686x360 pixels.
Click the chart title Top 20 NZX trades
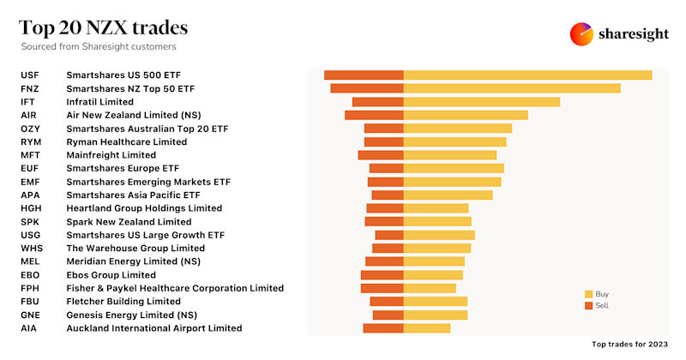(104, 27)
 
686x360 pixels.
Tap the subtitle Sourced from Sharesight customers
(104, 46)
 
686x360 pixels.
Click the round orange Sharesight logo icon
(582, 33)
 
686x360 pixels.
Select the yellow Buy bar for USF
(527, 75)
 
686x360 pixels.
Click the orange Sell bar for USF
(364, 75)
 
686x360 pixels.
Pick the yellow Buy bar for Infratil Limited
(481, 102)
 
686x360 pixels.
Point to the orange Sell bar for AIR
(374, 115)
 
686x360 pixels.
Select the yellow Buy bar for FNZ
(511, 88)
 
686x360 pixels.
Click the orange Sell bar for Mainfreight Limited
(380, 155)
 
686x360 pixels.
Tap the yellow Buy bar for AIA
(426, 328)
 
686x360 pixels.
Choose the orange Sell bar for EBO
(382, 275)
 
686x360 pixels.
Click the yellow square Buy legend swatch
(588, 294)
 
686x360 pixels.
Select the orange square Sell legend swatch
(588, 305)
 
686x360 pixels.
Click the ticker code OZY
(30, 129)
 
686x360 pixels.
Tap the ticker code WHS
(30, 248)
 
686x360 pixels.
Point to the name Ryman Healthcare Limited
(126, 141)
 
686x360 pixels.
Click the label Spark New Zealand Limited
(129, 221)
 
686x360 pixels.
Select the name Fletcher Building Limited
(123, 302)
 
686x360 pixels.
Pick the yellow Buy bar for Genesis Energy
(435, 315)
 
